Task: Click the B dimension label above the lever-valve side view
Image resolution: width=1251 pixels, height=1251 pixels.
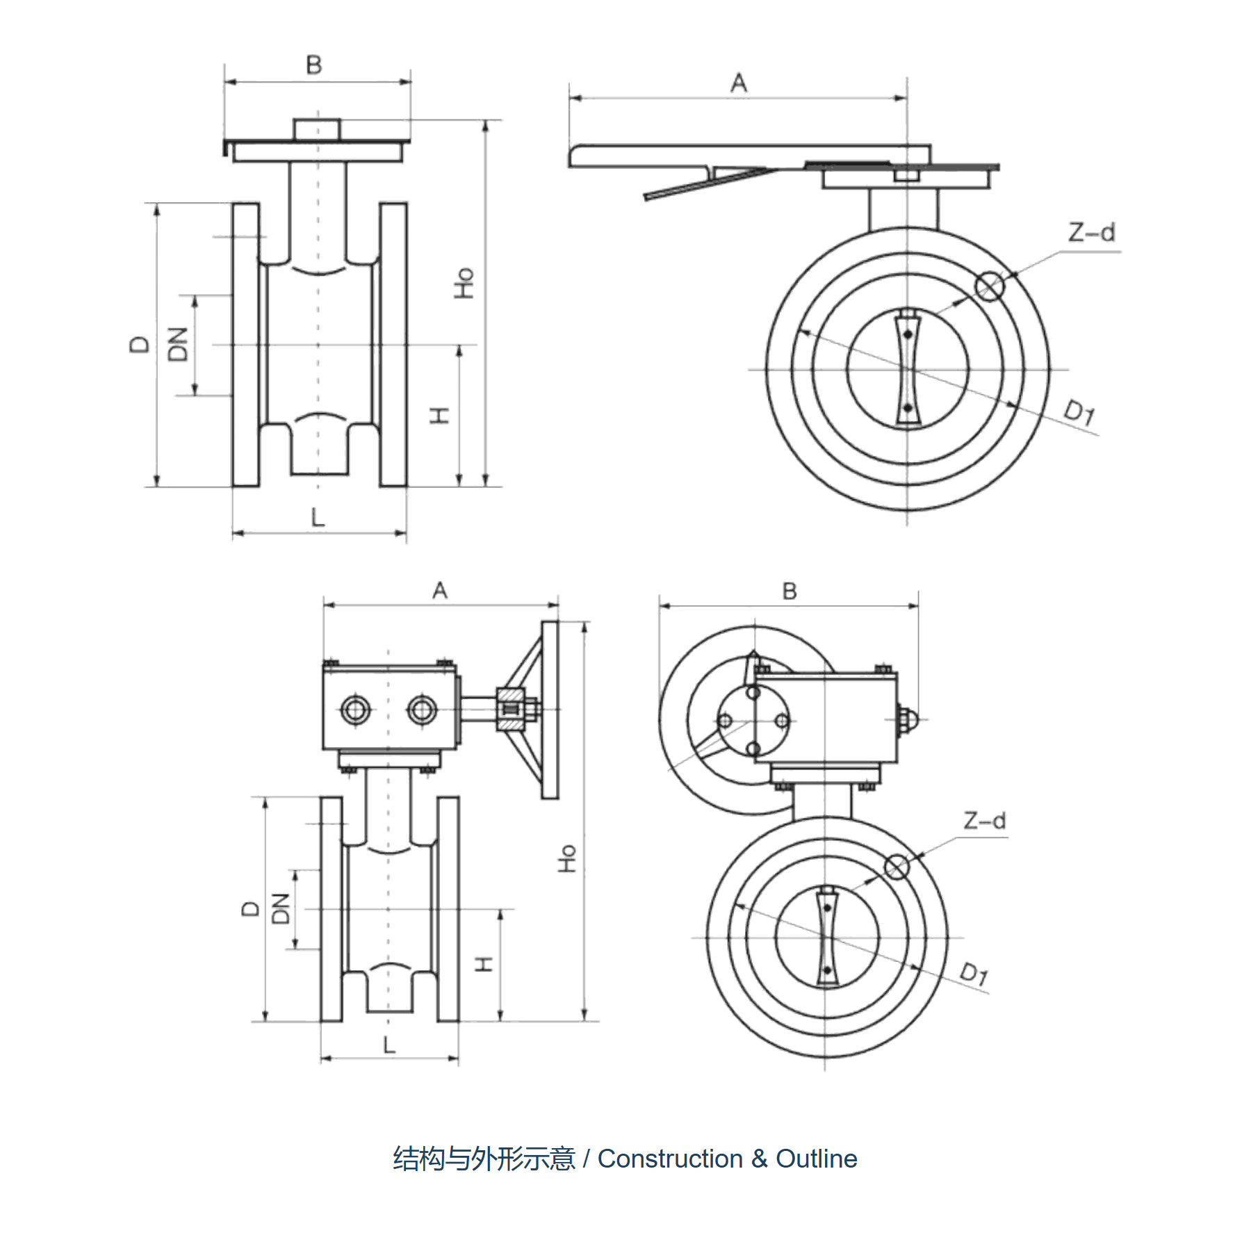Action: coord(314,65)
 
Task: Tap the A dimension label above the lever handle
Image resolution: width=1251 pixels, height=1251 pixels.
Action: coord(739,83)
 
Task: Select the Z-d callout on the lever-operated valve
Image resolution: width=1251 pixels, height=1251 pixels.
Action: coord(1091,232)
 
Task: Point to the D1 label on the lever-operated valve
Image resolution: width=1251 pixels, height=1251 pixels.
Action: coord(1080,412)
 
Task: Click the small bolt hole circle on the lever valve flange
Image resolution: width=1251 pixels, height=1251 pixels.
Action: coord(989,286)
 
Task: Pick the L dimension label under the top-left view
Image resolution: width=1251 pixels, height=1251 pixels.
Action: coord(318,517)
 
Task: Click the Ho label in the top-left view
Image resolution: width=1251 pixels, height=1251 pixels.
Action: coord(464,283)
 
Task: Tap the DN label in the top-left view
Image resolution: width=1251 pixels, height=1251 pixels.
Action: coord(178,344)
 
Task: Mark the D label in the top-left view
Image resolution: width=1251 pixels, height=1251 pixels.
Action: coord(139,344)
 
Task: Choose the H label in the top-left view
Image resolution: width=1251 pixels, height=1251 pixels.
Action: coord(439,416)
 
